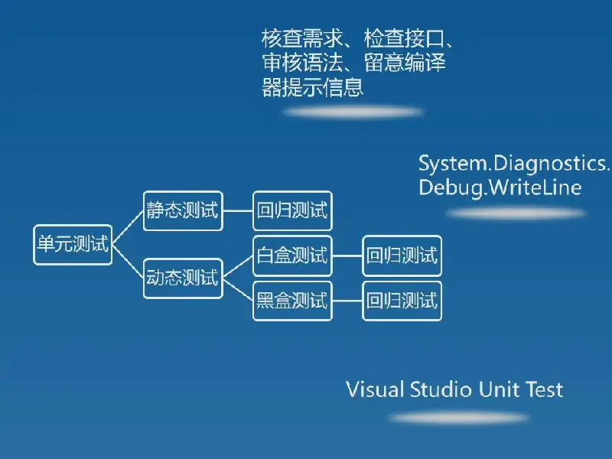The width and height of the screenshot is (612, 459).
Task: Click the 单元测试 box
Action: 73,245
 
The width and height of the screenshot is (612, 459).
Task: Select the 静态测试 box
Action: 183,211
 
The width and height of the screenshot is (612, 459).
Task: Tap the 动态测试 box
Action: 183,278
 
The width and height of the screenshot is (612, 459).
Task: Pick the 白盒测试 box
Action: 293,256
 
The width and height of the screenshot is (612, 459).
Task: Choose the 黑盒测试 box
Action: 293,301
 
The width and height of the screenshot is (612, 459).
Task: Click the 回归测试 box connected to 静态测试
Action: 293,211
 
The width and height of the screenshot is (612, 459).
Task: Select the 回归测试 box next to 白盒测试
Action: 402,256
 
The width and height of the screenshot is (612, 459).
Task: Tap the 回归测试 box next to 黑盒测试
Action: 402,301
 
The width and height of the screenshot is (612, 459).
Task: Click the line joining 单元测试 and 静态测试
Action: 128,228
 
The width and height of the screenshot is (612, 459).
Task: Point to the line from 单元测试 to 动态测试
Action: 128,262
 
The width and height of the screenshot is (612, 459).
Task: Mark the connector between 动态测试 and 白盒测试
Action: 238,267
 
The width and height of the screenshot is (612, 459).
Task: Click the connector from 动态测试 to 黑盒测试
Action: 238,290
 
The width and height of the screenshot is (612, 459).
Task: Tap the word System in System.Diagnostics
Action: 453,164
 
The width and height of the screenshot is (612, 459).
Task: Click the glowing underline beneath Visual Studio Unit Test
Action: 459,418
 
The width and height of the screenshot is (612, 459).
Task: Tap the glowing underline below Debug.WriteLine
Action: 516,213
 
